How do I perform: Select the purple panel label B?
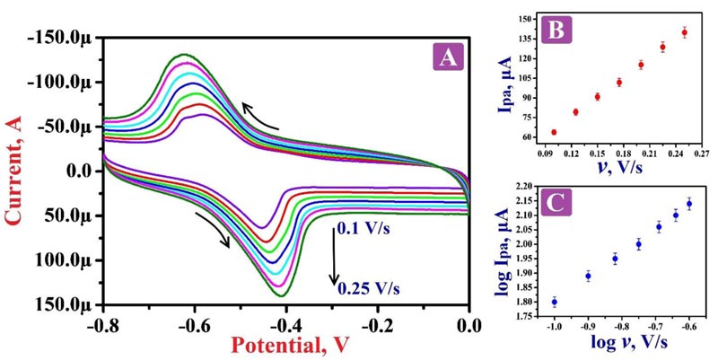pyautogui.click(x=556, y=32)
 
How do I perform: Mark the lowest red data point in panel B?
pyautogui.click(x=554, y=132)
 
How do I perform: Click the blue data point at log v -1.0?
pyautogui.click(x=555, y=302)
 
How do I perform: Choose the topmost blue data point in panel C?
pyautogui.click(x=689, y=204)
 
